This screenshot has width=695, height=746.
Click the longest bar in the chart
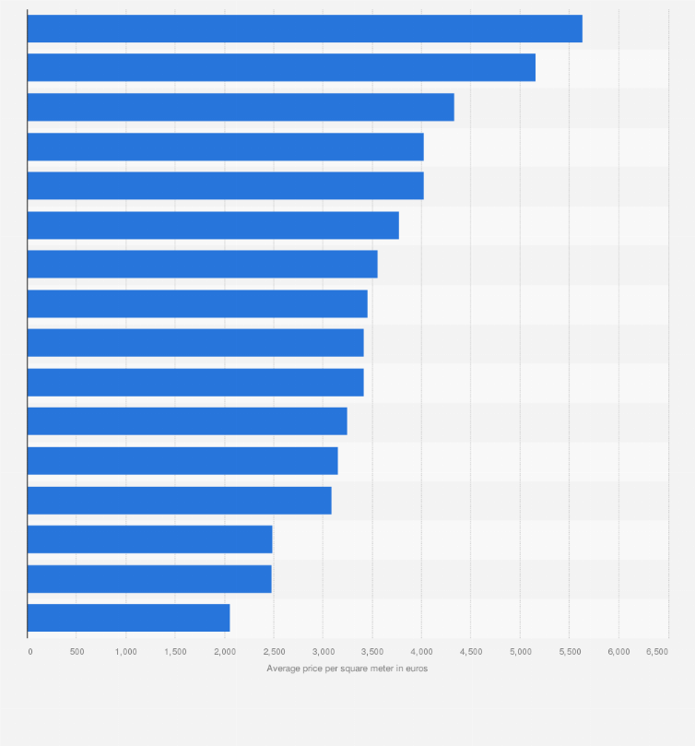pos(304,29)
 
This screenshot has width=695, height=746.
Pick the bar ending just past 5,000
pos(281,67)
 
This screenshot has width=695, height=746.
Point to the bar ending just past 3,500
pos(202,264)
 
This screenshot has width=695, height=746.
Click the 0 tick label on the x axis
pos(29,651)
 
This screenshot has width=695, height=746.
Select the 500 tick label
pos(77,651)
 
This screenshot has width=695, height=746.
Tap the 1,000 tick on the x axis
pos(125,651)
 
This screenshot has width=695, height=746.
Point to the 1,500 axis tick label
pos(175,651)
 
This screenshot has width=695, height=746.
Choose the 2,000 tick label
pos(224,651)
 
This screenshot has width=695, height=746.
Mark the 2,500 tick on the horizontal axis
pos(274,651)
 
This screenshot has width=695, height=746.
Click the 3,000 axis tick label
pos(323,651)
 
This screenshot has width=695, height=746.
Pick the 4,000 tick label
pos(421,651)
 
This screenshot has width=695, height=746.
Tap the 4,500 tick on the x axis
pos(470,651)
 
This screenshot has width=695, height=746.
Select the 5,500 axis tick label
pos(569,651)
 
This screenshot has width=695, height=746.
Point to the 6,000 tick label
pos(618,651)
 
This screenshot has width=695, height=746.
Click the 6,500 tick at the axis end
pos(656,651)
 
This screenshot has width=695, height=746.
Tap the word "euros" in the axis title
pos(416,669)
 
